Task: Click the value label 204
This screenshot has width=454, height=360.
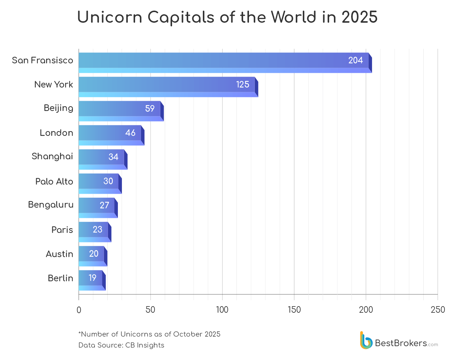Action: coord(356,60)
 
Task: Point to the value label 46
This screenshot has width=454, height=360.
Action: coord(130,133)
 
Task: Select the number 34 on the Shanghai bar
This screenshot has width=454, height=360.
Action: coord(113,157)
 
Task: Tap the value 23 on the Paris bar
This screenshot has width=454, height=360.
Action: coord(97,230)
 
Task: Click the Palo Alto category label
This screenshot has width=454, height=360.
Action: coord(54,182)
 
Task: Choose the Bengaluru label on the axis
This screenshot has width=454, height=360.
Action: coord(51,205)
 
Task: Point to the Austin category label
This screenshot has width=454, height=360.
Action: coord(59,254)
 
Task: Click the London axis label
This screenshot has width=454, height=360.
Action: coord(56,133)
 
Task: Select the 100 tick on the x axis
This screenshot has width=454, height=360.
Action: coord(222,310)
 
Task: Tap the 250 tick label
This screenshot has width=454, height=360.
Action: coord(438,310)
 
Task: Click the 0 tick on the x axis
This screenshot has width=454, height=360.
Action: coord(79,310)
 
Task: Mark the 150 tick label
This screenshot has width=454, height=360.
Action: coord(294,310)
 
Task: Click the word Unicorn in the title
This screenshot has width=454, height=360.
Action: coord(109,17)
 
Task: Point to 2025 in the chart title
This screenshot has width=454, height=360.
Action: coord(360,17)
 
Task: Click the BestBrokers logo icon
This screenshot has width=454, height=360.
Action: coord(366,341)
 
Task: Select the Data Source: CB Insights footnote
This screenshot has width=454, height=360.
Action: coord(121,345)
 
